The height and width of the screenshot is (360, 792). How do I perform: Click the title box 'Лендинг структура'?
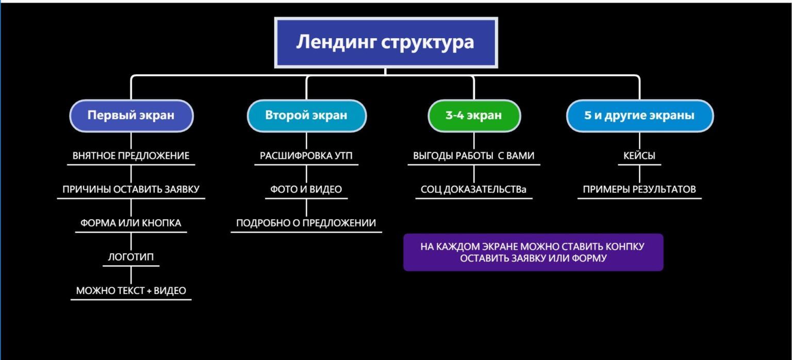click(386, 42)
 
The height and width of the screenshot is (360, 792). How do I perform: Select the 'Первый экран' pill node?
click(131, 116)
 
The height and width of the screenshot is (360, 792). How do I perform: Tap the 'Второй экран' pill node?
click(307, 116)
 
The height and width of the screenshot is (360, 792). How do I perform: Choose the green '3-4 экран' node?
click(474, 116)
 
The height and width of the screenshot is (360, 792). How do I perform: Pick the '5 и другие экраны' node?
click(639, 116)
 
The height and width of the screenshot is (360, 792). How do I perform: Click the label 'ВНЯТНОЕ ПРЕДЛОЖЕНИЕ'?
click(131, 156)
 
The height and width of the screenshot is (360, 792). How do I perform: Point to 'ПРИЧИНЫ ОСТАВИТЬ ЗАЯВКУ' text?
click(131, 189)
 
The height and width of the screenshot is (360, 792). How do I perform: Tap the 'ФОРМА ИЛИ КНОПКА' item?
click(131, 223)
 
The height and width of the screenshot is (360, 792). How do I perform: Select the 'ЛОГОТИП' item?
click(131, 257)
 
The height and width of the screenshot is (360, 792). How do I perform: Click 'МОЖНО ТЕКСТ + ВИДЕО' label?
click(131, 290)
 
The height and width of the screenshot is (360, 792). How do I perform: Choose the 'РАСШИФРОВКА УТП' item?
click(306, 156)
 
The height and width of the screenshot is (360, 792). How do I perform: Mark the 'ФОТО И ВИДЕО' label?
click(306, 189)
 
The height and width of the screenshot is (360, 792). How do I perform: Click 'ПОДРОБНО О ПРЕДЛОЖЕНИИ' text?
click(306, 223)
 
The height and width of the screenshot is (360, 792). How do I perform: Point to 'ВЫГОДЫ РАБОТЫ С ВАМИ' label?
click(474, 156)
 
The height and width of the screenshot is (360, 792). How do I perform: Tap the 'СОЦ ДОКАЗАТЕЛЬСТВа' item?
click(473, 189)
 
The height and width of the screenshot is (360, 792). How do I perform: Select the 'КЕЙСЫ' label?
click(639, 156)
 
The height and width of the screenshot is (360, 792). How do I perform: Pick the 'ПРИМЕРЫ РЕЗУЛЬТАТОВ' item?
click(639, 189)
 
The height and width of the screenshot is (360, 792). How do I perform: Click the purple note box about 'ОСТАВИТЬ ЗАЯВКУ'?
click(533, 252)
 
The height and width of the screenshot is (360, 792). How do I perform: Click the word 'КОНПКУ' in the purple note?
click(625, 247)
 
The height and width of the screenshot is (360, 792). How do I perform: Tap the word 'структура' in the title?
click(427, 42)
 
